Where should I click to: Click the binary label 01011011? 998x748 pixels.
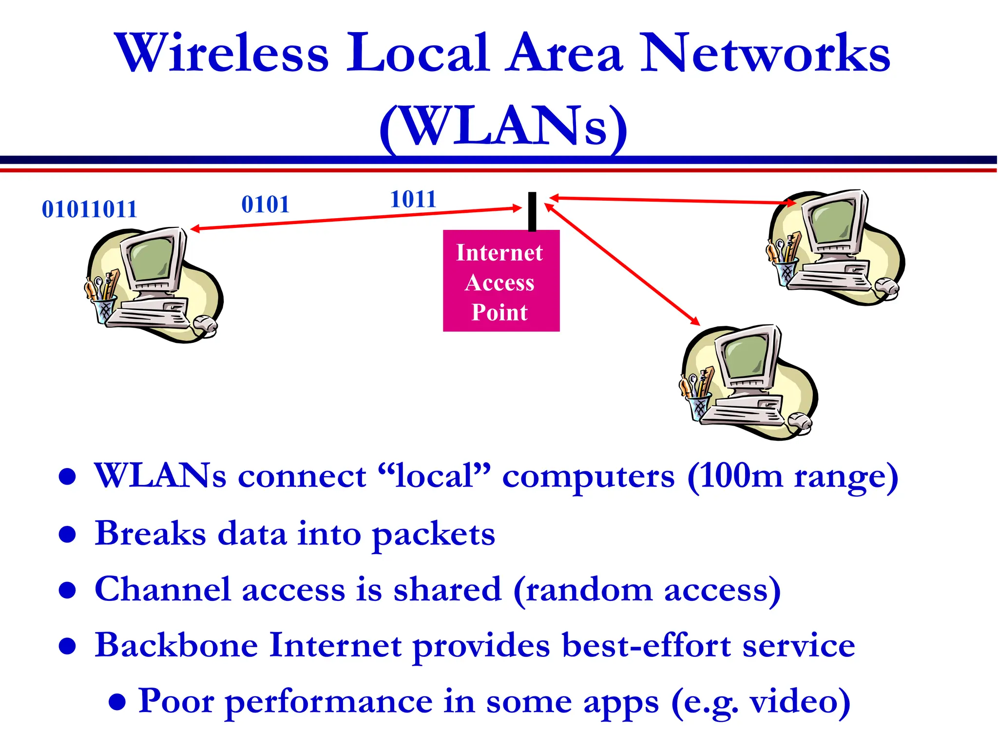89,209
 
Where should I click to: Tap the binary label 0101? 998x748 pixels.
266,205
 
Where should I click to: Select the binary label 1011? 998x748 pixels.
413,199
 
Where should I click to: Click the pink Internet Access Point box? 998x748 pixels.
501,281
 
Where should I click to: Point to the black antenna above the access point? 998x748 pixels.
532,211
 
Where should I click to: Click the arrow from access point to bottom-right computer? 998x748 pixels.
622,264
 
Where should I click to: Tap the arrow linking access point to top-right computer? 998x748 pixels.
672,200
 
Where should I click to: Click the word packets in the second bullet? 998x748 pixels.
433,534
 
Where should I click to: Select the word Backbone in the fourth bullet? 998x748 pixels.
176,645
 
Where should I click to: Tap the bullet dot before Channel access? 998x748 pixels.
67,591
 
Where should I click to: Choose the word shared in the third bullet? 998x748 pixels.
447,590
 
